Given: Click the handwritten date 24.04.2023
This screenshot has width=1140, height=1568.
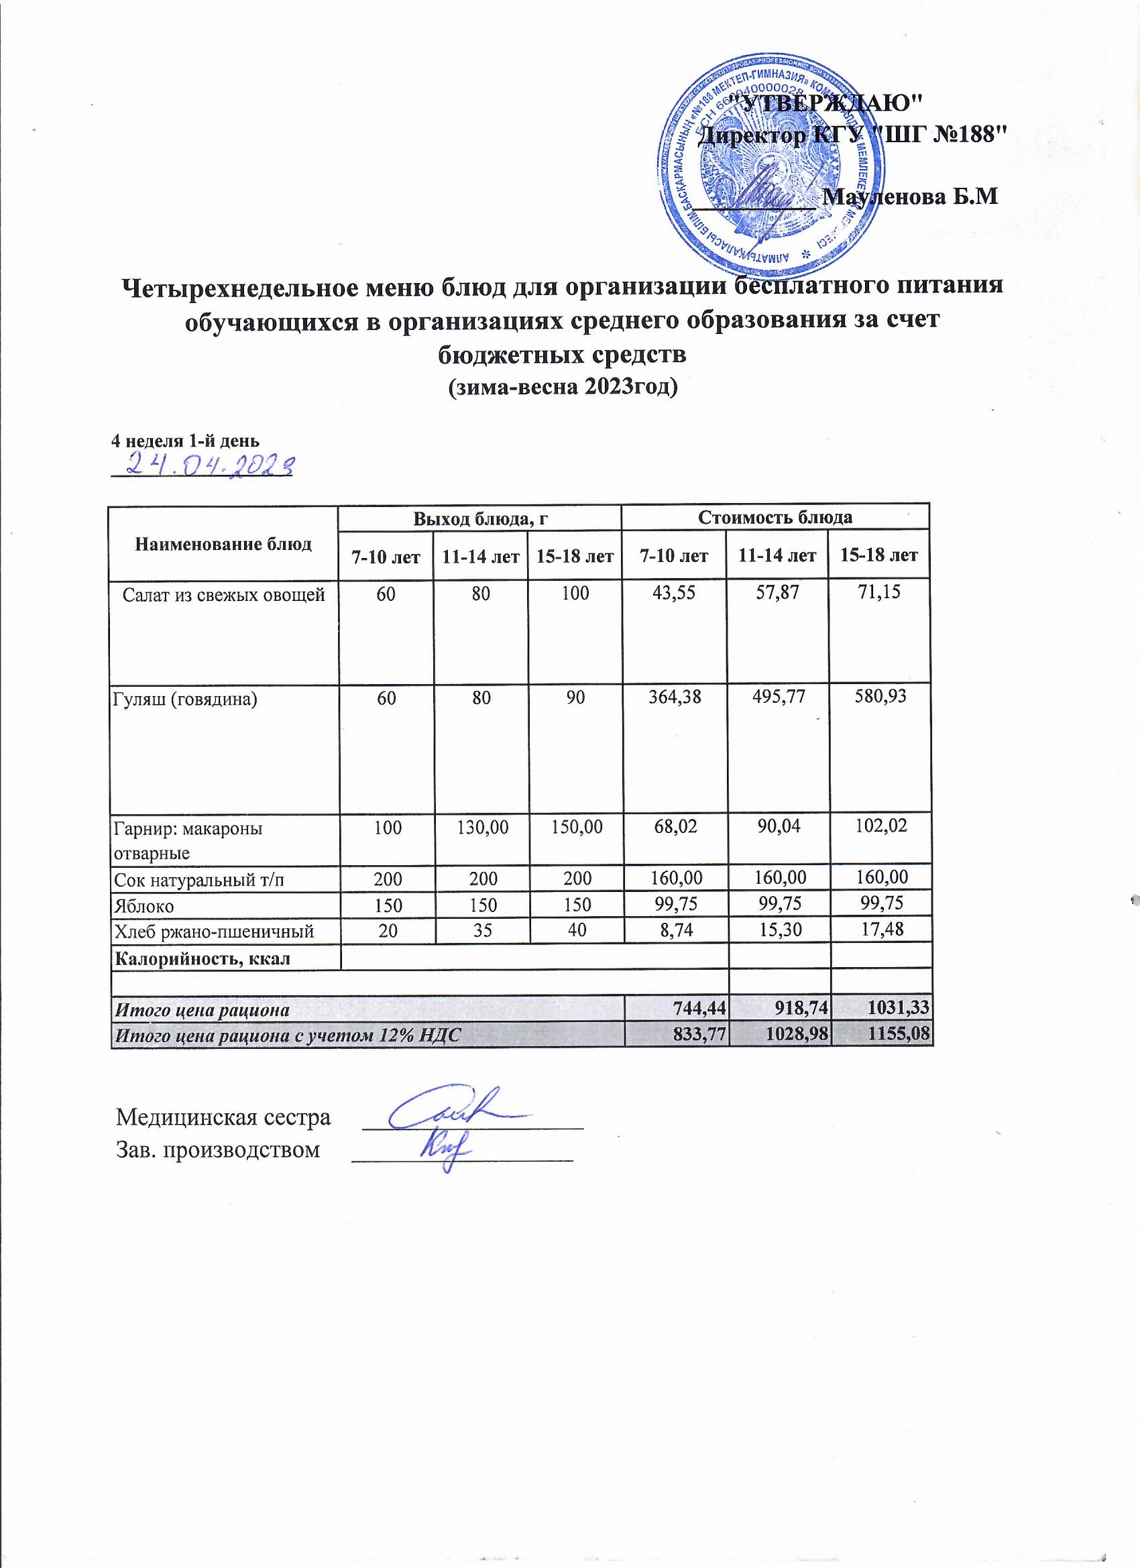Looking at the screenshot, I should pyautogui.click(x=203, y=465).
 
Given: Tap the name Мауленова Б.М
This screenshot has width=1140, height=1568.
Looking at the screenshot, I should pyautogui.click(x=912, y=197).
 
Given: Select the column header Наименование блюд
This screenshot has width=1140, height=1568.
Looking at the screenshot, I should pyautogui.click(x=223, y=543).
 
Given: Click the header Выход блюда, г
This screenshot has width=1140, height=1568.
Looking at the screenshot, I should pyautogui.click(x=479, y=518).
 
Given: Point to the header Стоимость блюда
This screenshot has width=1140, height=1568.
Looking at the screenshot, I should pyautogui.click(x=775, y=517).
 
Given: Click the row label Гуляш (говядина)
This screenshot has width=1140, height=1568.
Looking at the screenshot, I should pyautogui.click(x=184, y=699).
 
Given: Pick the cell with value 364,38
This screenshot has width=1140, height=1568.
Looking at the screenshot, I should pyautogui.click(x=674, y=697).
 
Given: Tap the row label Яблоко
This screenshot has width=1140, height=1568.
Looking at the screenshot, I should pyautogui.click(x=144, y=905).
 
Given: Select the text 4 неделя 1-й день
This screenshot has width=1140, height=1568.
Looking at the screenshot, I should pyautogui.click(x=185, y=441).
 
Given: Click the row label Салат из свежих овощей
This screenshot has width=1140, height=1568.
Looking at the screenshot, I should pyautogui.click(x=223, y=594).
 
